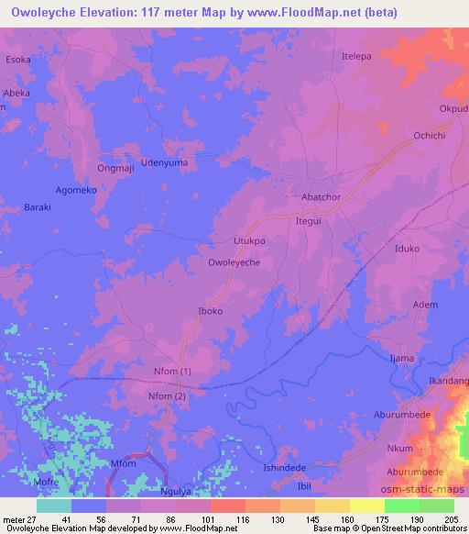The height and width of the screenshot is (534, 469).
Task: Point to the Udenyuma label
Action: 164,162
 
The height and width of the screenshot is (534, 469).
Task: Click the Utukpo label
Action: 249,240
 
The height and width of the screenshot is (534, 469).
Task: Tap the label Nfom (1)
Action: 173,371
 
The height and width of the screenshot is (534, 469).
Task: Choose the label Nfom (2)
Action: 167,395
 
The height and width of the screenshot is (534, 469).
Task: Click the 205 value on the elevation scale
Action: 451,520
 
